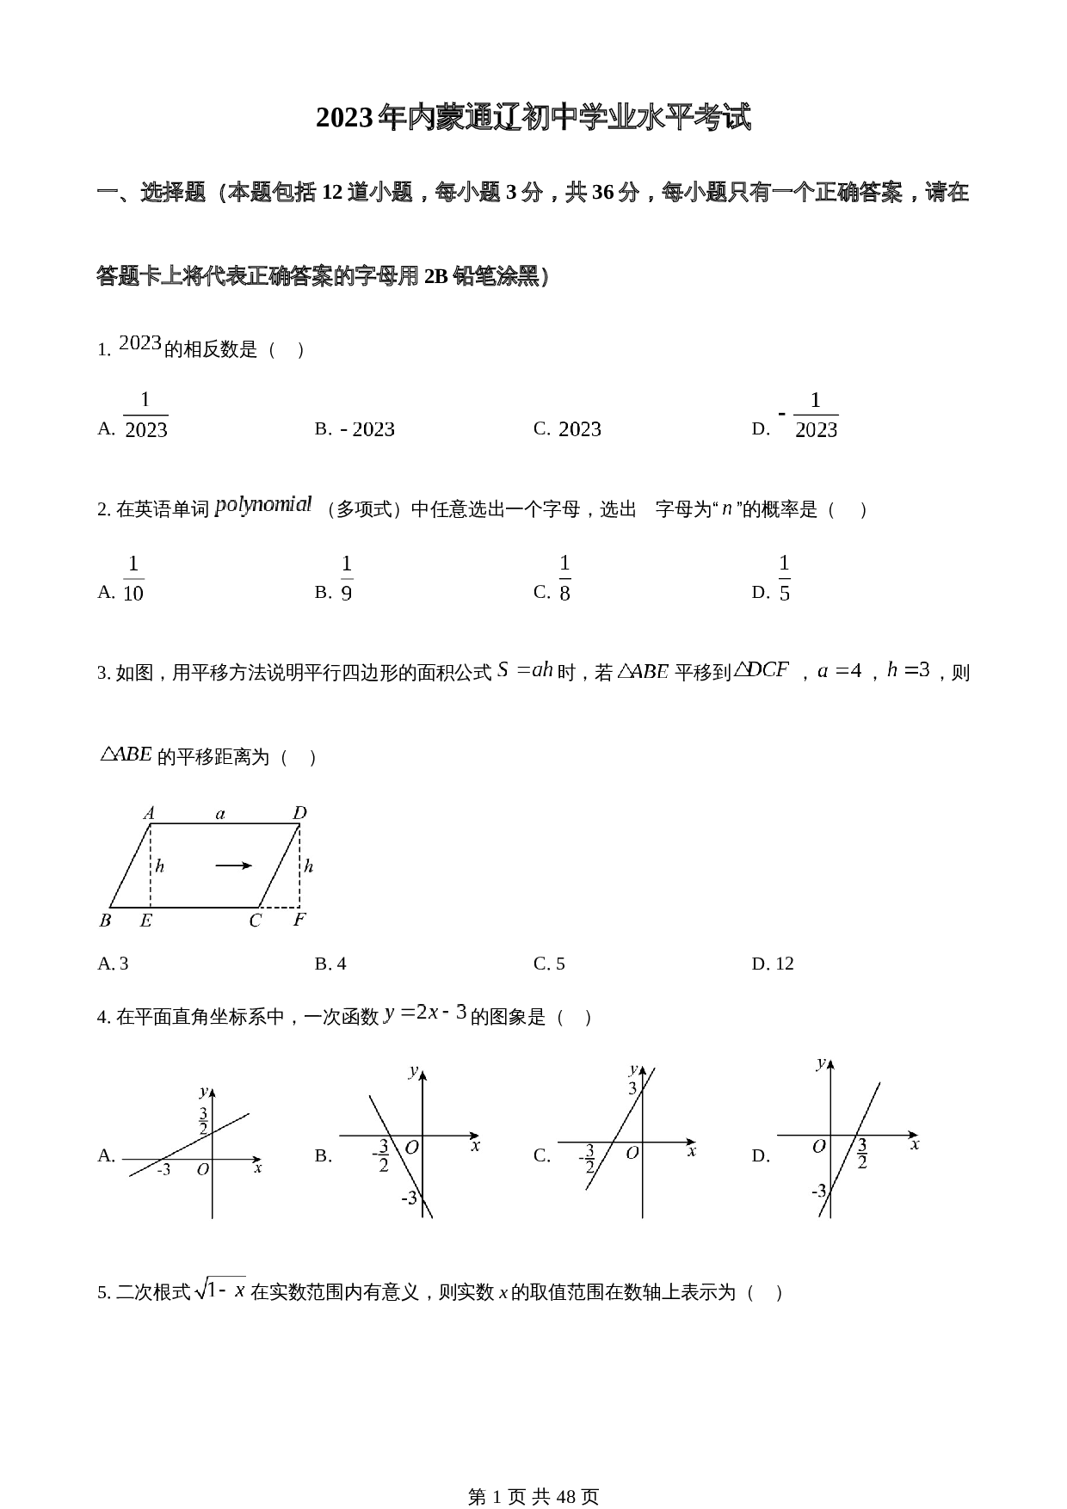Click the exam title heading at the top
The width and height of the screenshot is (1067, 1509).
click(533, 118)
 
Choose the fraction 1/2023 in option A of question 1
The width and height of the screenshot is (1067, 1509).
click(145, 416)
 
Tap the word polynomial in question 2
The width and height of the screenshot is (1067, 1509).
click(263, 505)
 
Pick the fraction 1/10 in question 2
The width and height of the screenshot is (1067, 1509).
click(133, 578)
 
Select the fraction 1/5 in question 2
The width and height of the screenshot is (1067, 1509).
click(784, 578)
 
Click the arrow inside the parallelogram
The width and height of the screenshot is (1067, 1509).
click(233, 865)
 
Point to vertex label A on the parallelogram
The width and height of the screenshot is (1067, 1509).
click(149, 813)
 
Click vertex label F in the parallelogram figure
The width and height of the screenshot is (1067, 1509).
click(299, 921)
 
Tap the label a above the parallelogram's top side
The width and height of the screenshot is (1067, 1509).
click(220, 813)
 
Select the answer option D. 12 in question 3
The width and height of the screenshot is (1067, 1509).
click(773, 964)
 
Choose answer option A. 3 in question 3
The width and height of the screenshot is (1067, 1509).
click(113, 964)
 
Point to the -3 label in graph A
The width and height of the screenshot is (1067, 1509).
click(163, 1170)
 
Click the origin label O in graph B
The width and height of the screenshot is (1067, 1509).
click(411, 1147)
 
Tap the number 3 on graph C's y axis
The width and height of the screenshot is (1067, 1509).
click(632, 1088)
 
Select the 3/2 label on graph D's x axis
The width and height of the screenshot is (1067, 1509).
click(861, 1154)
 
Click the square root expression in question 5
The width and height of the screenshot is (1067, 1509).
click(221, 1290)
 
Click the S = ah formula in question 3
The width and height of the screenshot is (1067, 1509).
click(525, 670)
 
